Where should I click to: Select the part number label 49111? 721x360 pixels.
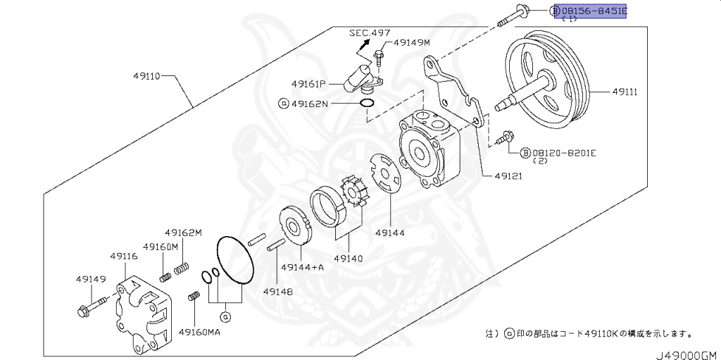click(x=625, y=92)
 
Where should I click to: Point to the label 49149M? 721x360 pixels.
click(x=411, y=43)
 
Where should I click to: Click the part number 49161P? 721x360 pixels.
click(x=308, y=84)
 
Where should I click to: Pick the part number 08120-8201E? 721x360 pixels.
click(x=564, y=152)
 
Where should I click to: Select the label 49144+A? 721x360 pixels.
click(x=302, y=268)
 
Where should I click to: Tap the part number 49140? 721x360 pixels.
click(x=348, y=259)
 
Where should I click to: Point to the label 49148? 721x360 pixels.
click(x=277, y=291)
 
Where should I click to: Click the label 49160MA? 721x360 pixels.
click(x=199, y=331)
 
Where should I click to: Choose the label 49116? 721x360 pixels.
click(x=123, y=256)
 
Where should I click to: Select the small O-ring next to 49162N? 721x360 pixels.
click(x=366, y=104)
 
